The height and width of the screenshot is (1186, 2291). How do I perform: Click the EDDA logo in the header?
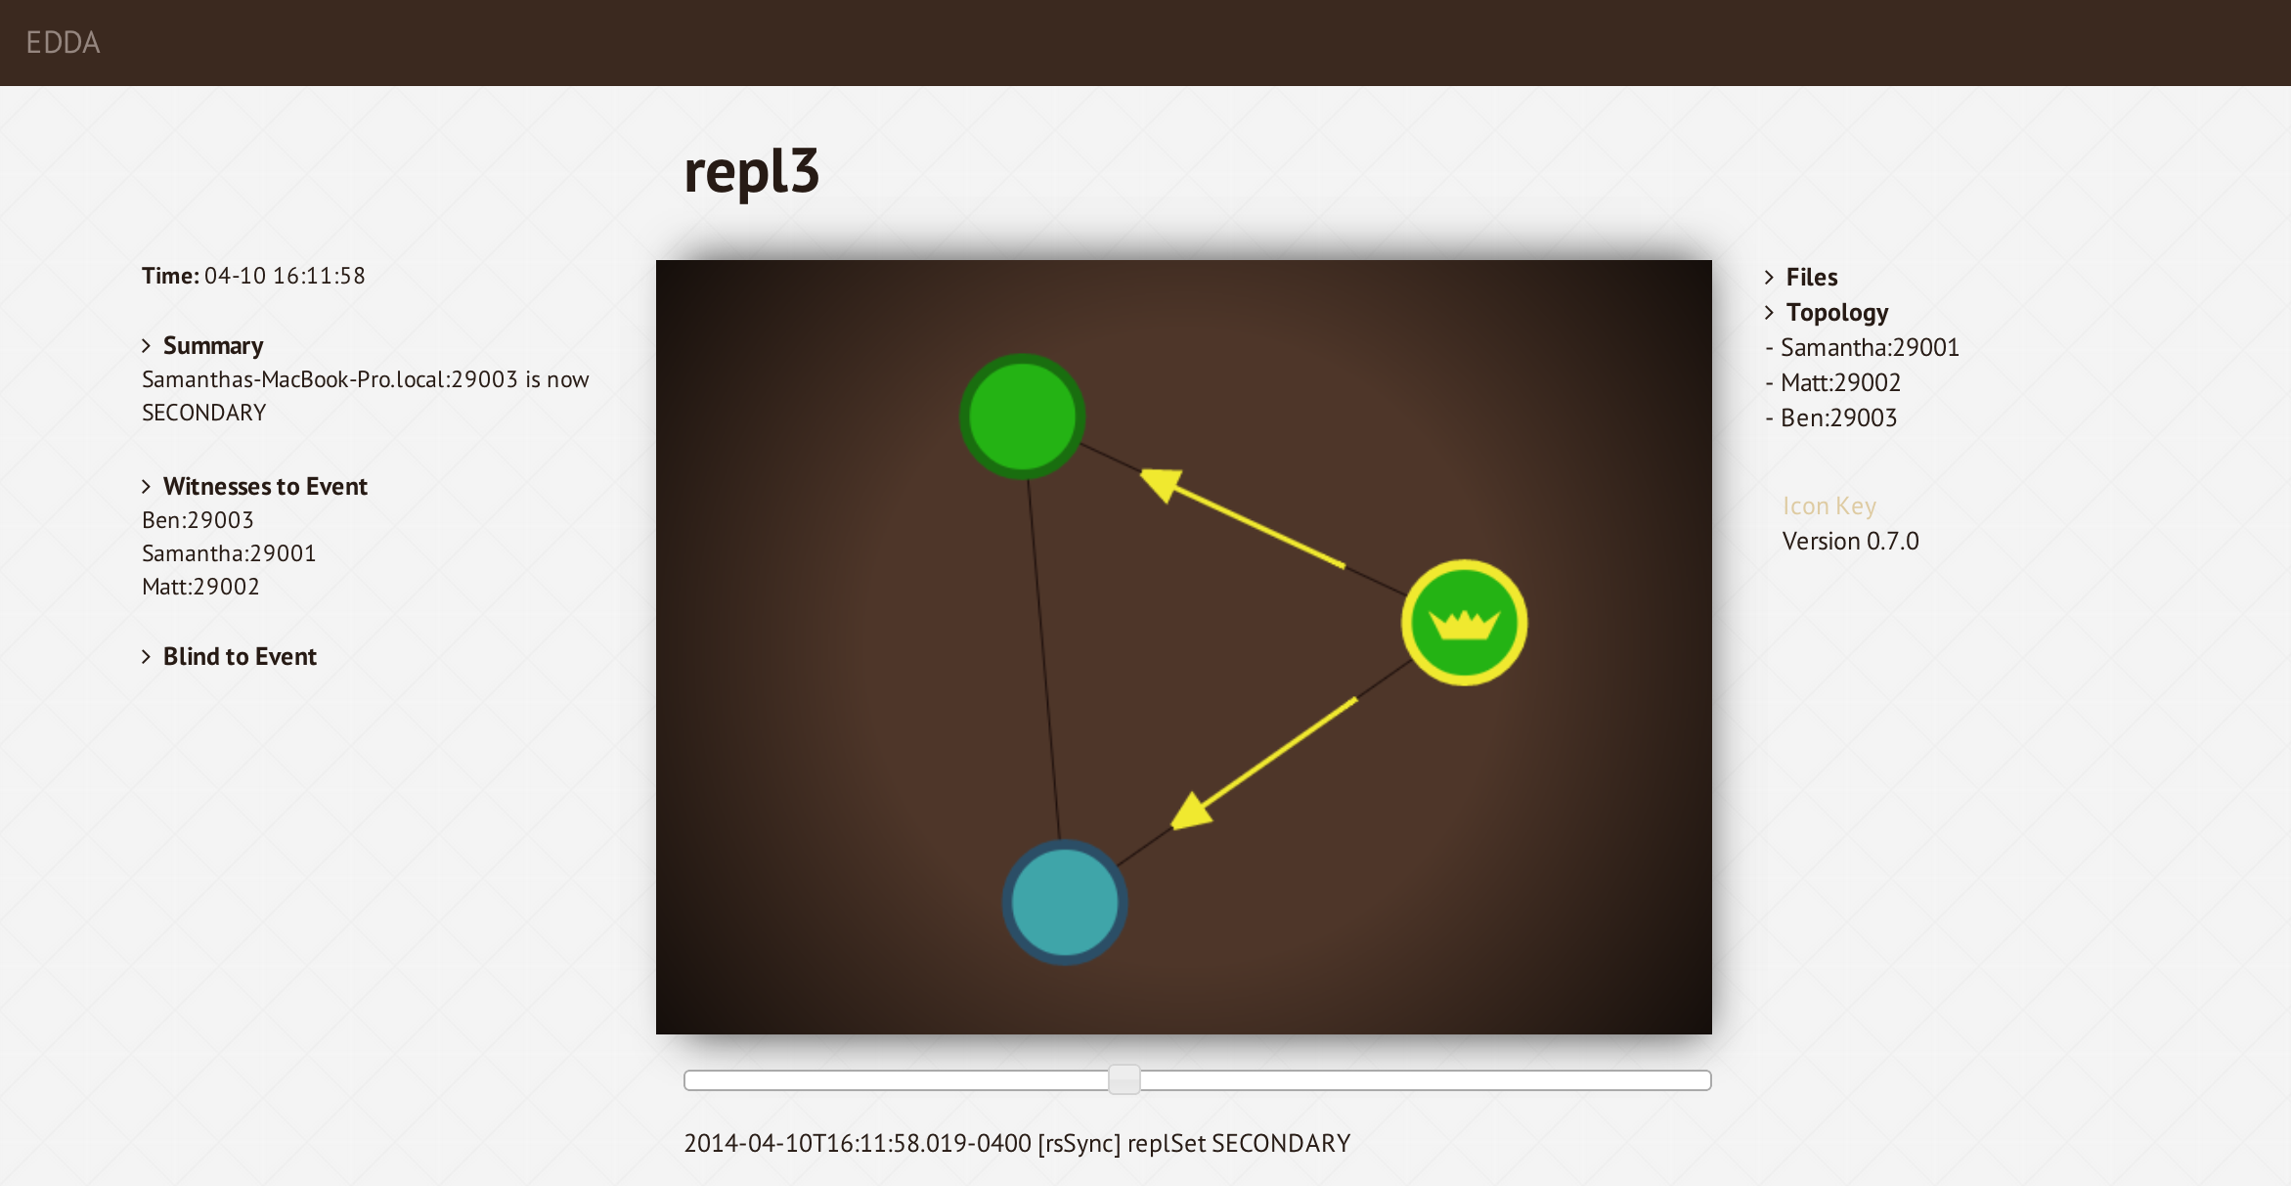point(63,42)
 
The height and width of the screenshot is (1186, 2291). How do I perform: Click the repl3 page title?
point(751,172)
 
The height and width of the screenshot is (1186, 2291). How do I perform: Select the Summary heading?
point(213,345)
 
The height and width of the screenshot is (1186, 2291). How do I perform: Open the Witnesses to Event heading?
point(265,486)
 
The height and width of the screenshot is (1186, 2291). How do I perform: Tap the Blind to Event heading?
point(240,656)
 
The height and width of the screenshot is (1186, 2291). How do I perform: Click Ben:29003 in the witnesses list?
point(198,520)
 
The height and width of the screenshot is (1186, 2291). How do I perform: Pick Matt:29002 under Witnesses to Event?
point(200,587)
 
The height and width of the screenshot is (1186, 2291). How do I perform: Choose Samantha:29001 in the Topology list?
point(1870,347)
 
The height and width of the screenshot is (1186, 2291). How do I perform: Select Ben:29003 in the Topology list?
point(1838,417)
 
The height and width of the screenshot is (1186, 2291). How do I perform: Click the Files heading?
point(1812,277)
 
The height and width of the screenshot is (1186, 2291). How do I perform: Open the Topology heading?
point(1837,312)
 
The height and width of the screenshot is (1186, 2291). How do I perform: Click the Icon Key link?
point(1828,505)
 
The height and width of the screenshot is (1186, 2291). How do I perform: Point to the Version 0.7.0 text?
point(1850,541)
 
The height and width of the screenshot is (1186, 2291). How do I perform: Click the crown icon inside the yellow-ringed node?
point(1464,624)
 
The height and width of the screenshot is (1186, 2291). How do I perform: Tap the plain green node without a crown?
point(1022,417)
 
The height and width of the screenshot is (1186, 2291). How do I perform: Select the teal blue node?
point(1065,901)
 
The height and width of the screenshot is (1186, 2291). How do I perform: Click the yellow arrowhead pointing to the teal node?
point(1192,812)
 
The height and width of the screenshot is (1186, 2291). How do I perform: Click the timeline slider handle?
point(1124,1079)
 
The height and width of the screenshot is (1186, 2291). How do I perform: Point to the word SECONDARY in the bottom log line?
point(1281,1143)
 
